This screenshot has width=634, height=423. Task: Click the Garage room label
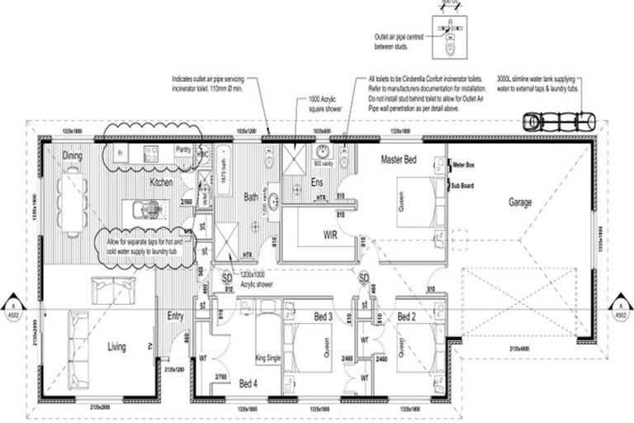[520, 201]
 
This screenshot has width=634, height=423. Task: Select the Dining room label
[73, 155]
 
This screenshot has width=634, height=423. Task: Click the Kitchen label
[160, 182]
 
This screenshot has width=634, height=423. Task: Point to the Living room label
[116, 347]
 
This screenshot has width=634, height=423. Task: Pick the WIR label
[333, 235]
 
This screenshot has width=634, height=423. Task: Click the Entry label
[175, 316]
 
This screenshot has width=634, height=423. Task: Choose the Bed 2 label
[405, 316]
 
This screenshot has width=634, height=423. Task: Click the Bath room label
[251, 197]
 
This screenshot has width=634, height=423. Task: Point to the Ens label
[316, 182]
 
